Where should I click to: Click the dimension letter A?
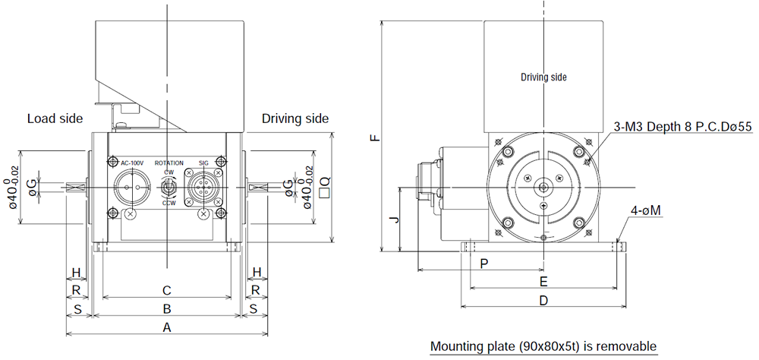[167, 328]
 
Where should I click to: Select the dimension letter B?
[167, 308]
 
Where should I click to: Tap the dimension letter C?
[167, 291]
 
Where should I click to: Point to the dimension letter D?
[543, 301]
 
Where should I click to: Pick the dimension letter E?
[543, 282]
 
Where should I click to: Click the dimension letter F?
[375, 137]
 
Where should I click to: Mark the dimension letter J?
[395, 219]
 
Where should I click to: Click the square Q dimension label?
[326, 188]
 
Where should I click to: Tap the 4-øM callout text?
[646, 211]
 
